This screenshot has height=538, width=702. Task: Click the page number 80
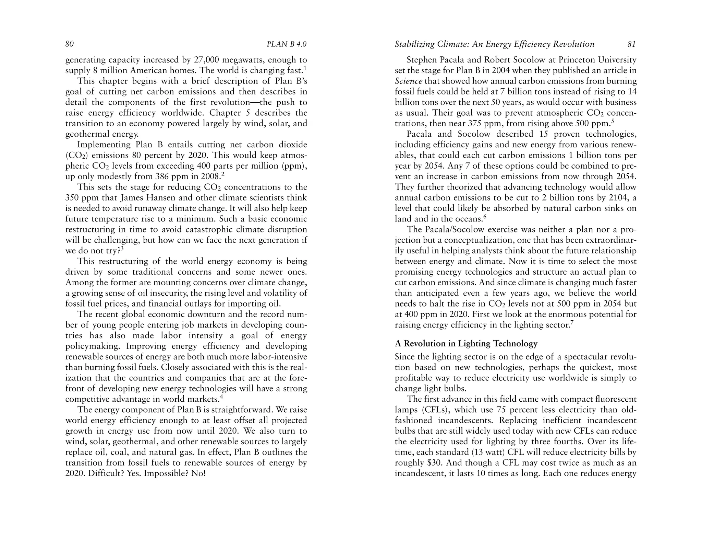(70, 44)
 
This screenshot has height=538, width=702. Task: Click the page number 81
(632, 44)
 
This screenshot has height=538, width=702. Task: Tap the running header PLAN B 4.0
(286, 44)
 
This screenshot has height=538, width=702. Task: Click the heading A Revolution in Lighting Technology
(466, 344)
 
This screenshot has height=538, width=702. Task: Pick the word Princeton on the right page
(576, 60)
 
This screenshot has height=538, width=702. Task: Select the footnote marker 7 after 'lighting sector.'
(572, 323)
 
